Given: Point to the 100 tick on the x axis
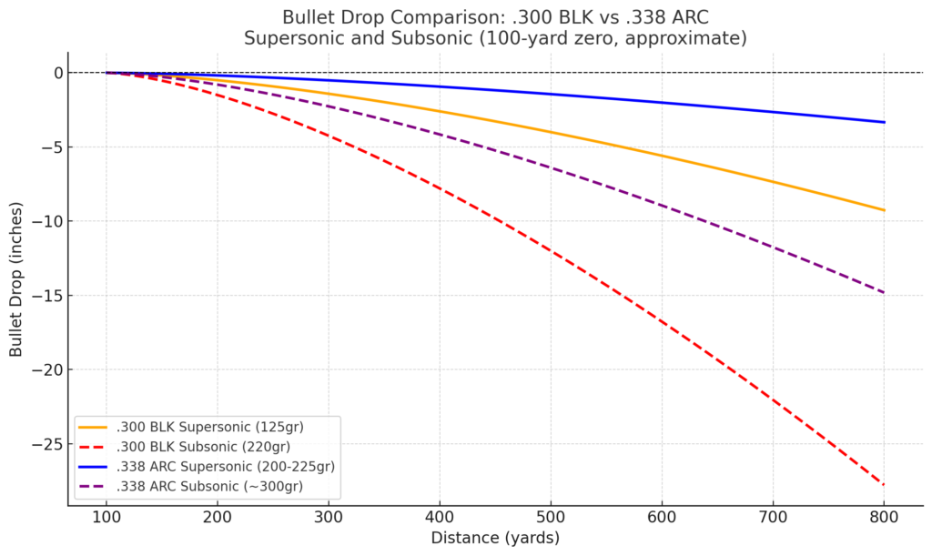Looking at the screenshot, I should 106,516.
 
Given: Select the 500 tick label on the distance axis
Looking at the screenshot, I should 551,516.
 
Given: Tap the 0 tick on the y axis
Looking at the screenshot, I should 56,73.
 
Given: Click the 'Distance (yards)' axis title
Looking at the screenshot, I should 495,538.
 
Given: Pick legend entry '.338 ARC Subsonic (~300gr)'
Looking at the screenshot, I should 209,487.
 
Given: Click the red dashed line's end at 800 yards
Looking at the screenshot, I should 884,484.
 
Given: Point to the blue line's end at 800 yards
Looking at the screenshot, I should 884,122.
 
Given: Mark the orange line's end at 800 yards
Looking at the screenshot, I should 884,210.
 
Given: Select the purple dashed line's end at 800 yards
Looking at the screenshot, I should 884,292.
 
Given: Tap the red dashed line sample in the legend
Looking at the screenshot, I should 94,447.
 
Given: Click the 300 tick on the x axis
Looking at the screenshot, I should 329,516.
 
